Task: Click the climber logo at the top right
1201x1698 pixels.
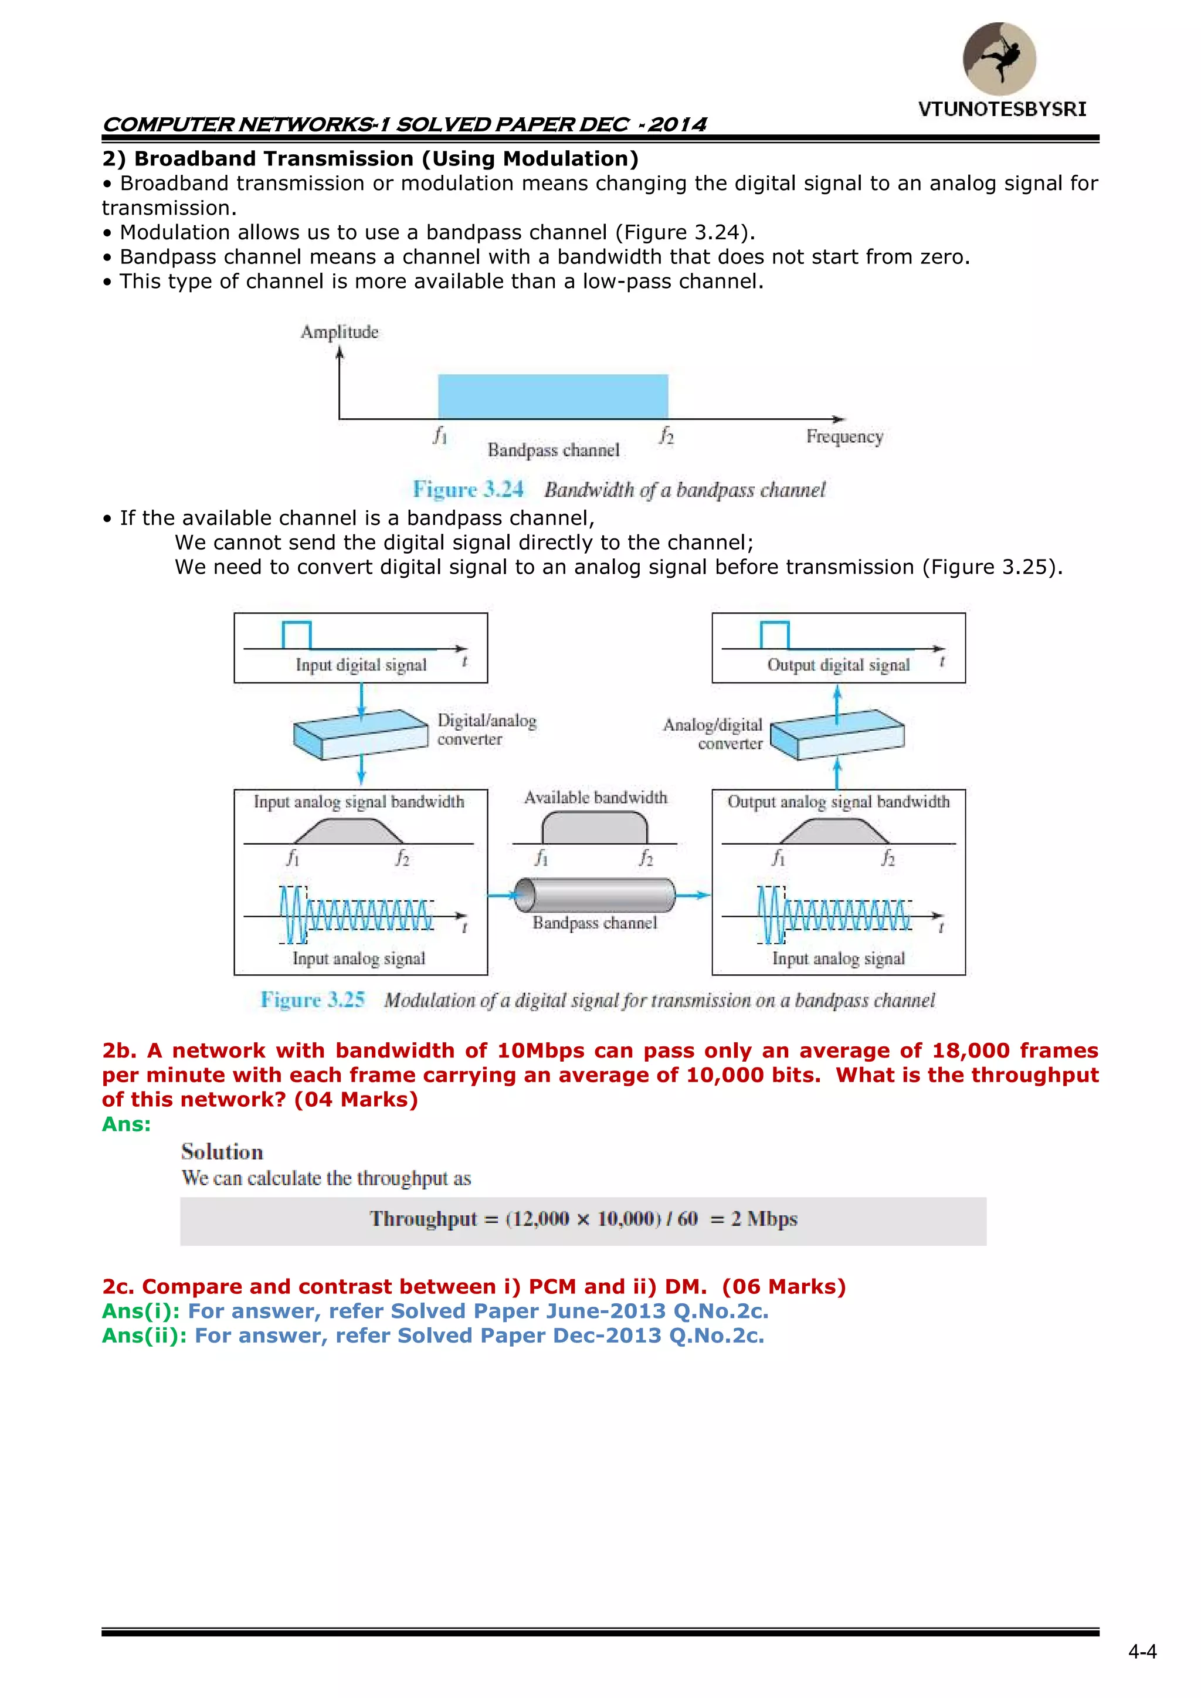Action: point(999,59)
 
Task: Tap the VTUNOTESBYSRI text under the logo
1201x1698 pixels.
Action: point(1002,110)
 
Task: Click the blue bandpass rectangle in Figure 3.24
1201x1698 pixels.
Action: point(552,396)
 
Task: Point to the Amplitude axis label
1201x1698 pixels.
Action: point(340,332)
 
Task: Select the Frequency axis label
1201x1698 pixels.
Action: point(844,436)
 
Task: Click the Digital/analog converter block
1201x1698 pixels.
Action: point(361,734)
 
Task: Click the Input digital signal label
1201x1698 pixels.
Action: point(361,665)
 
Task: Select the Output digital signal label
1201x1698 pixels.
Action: point(839,665)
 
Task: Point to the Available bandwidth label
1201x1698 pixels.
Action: point(595,797)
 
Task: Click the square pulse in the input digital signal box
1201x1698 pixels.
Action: point(297,635)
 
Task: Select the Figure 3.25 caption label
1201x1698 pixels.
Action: point(313,1000)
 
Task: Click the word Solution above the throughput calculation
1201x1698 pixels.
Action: point(222,1151)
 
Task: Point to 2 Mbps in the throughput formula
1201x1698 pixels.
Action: point(764,1218)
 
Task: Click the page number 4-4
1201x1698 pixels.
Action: point(1142,1652)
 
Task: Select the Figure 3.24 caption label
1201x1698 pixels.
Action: point(468,490)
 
